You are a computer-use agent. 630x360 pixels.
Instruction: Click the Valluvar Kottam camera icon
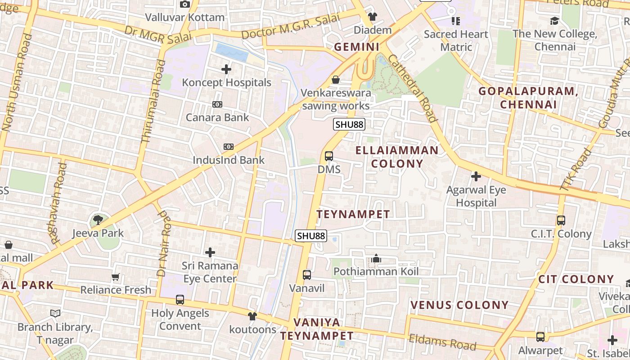pos(184,4)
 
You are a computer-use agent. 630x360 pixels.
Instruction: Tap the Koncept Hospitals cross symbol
pos(226,69)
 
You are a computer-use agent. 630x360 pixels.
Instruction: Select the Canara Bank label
pos(217,117)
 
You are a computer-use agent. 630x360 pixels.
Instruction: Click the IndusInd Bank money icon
pos(229,147)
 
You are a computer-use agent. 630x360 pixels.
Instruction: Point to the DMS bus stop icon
pos(329,156)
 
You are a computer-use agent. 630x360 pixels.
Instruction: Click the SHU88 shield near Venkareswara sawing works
pos(349,125)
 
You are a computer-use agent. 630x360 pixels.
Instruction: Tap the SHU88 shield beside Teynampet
pos(310,235)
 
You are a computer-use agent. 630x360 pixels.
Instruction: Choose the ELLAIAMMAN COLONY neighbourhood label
pos(397,157)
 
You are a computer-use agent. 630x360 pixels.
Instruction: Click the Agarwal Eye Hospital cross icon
pos(476,176)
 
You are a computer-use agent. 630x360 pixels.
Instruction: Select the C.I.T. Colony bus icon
pos(561,220)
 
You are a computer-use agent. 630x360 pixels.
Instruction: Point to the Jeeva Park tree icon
pos(98,220)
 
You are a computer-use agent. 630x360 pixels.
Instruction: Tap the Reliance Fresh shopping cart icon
pos(116,277)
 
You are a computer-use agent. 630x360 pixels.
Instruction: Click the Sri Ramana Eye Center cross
pos(210,252)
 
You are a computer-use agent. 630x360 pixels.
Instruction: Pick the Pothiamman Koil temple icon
pos(376,258)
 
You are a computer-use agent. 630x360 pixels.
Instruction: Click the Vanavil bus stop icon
pos(307,274)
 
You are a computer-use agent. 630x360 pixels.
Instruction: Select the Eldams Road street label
pos(442,342)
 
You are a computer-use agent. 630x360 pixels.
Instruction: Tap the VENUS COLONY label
pos(459,305)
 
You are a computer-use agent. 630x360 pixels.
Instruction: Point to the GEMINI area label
pos(357,47)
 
